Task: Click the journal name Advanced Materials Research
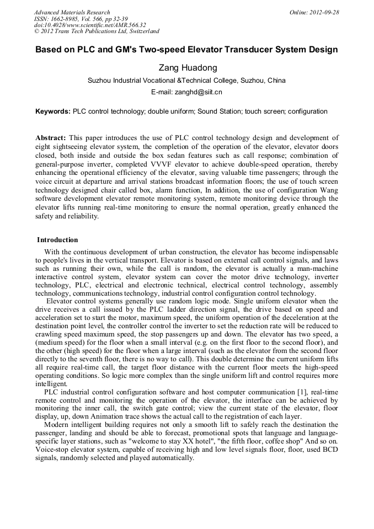[72, 12]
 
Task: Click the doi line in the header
[89, 25]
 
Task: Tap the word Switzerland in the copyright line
[141, 31]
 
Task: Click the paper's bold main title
[186, 50]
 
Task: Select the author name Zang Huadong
[186, 67]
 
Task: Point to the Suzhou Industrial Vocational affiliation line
[186, 81]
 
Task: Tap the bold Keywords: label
[53, 111]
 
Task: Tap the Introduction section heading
[57, 240]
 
